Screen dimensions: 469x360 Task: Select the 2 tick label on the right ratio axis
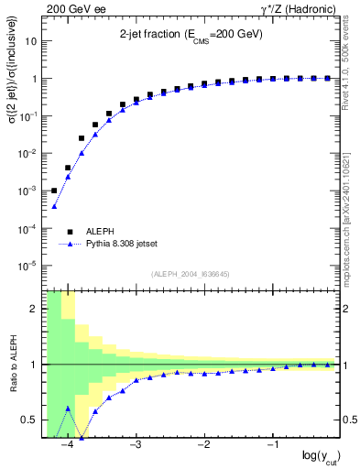click(348, 309)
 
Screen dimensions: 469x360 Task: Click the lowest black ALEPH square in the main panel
click(54, 191)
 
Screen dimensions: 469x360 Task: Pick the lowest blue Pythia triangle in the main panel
click(54, 207)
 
